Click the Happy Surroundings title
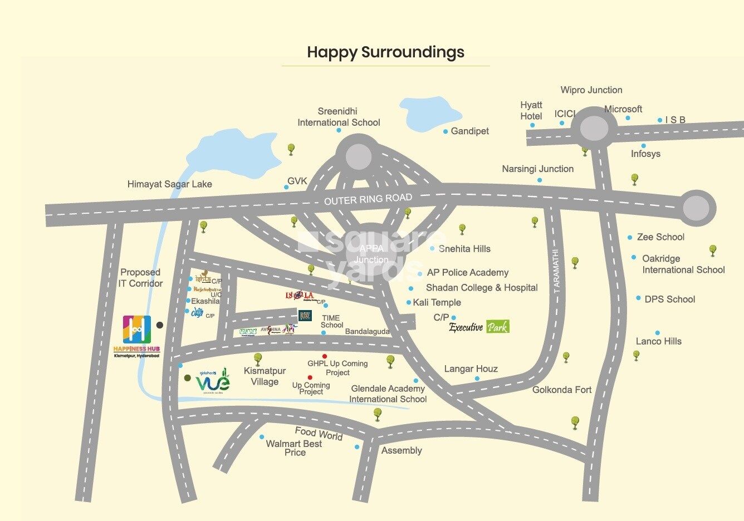(x=385, y=52)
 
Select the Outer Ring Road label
(x=368, y=199)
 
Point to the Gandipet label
(x=469, y=131)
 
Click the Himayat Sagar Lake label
(x=169, y=184)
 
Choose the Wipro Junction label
(x=591, y=90)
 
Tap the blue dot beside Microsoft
(x=628, y=118)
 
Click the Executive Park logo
(x=479, y=327)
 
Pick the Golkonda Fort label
(x=561, y=390)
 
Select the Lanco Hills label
(x=658, y=341)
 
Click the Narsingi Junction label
(x=537, y=169)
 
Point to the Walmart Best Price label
(x=294, y=448)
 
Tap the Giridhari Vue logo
(x=212, y=380)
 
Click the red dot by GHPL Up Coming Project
(x=325, y=356)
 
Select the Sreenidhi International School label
(x=339, y=117)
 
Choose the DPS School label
(x=669, y=299)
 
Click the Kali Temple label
(x=437, y=303)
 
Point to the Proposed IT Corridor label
(x=140, y=278)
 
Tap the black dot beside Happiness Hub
(x=160, y=325)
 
